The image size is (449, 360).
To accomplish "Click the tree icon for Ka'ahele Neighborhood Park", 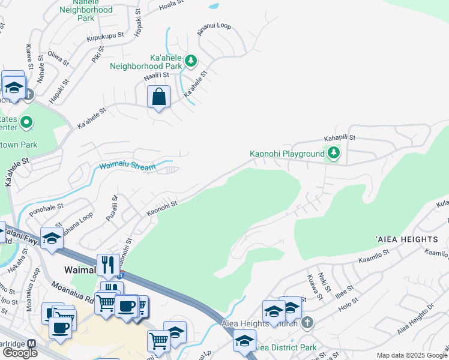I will coord(191,61).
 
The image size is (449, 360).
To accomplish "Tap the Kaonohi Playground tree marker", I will coord(333,154).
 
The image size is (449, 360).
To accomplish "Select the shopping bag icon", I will coord(158,97).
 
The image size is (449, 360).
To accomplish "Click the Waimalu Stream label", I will coord(127,166).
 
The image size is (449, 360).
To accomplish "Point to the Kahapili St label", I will coord(340,138).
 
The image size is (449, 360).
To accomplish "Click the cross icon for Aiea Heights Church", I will coord(307,323).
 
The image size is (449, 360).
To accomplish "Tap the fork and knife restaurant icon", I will coord(108,264).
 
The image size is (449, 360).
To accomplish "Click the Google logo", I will coord(20,353).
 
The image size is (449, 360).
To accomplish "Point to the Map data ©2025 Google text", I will coord(412,355).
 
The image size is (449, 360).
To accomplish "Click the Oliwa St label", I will coord(58,56).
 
